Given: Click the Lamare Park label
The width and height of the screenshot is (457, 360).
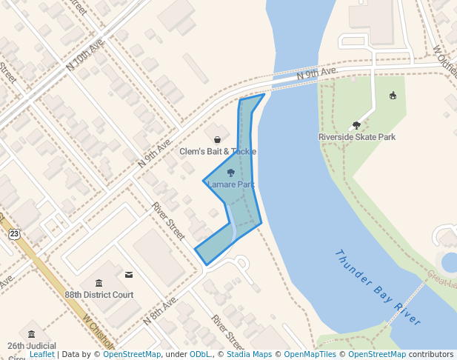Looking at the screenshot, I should point(230,184).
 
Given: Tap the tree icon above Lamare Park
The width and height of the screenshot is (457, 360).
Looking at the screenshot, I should point(230,173).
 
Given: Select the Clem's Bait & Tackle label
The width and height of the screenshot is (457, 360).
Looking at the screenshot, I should point(218,151).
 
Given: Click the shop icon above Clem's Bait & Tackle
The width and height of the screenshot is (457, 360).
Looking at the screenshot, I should point(217,139).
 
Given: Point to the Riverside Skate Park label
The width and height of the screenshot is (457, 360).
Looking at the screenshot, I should point(357,137).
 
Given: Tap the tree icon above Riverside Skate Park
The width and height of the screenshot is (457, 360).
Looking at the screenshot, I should point(356,125).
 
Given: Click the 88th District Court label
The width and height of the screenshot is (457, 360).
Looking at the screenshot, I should point(99,294).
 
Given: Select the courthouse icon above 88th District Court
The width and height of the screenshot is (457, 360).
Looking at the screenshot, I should point(99,282).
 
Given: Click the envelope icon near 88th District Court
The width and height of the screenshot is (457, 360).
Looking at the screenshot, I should point(129,275).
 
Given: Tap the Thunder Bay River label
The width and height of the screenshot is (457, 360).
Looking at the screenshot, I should point(378,287).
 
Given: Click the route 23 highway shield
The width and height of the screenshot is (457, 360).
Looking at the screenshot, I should point(14,234).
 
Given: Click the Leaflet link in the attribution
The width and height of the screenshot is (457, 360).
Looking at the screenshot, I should point(41,355).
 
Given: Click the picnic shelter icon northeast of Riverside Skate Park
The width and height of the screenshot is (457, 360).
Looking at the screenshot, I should point(393,95).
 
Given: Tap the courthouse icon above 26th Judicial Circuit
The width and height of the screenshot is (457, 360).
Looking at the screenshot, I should point(30,334).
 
